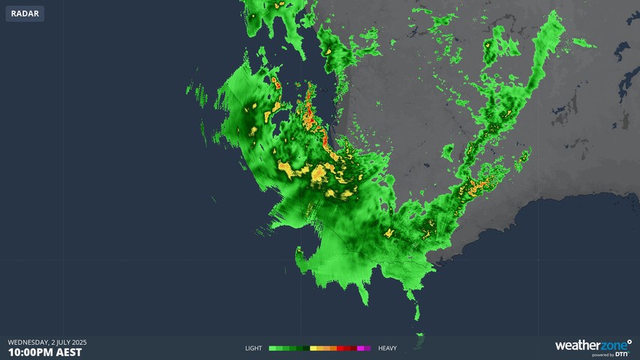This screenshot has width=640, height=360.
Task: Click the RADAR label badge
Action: pos(25,13)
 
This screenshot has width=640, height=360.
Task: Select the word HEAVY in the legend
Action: pos(387,348)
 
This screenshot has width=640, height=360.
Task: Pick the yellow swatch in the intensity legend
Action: pos(314,348)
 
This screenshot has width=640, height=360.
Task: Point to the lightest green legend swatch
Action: pos(272,348)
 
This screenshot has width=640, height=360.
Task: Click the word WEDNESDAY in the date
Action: pos(28,342)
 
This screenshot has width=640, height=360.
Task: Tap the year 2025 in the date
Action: pos(77,342)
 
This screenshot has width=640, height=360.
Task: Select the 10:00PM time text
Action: pos(29,352)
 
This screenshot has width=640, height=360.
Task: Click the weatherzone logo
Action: pos(592,346)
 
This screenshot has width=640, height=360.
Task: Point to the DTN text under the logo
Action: pos(621,354)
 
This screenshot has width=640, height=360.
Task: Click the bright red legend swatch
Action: pos(340,348)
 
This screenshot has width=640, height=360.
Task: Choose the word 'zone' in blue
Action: pos(613,345)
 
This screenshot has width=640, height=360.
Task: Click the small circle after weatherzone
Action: pos(629,341)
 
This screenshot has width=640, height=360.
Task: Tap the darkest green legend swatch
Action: pos(305,348)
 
